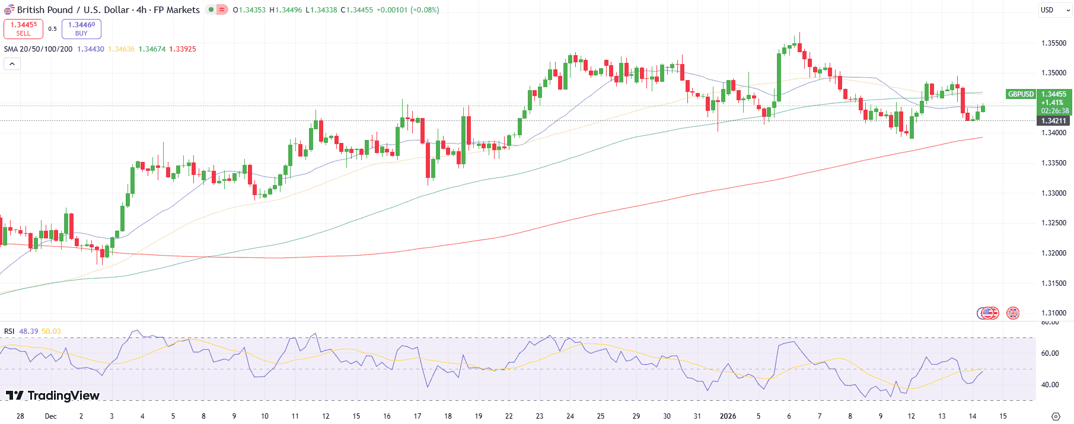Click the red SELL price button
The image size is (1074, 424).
click(23, 28)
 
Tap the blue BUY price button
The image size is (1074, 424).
click(81, 28)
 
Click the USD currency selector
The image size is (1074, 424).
click(1054, 10)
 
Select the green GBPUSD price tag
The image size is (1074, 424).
click(1021, 94)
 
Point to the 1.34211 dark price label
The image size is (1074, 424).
click(1053, 121)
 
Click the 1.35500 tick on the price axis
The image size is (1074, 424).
click(1054, 43)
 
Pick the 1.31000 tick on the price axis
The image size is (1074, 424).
click(1054, 313)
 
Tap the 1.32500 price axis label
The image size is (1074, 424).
click(1054, 223)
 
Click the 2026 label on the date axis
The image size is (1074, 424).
click(728, 416)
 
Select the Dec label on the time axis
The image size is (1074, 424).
click(51, 416)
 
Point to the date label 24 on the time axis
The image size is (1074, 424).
click(570, 416)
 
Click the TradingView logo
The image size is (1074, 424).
click(53, 396)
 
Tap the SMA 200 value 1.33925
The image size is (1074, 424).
click(183, 49)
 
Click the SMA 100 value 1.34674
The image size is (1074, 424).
click(152, 49)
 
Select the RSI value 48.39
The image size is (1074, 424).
click(28, 331)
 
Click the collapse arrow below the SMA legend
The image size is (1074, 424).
click(12, 63)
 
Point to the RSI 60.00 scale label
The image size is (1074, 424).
click(1050, 353)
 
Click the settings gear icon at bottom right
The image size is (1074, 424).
click(1056, 416)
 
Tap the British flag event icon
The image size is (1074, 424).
click(1013, 313)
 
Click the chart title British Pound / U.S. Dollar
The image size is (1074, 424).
click(108, 10)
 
